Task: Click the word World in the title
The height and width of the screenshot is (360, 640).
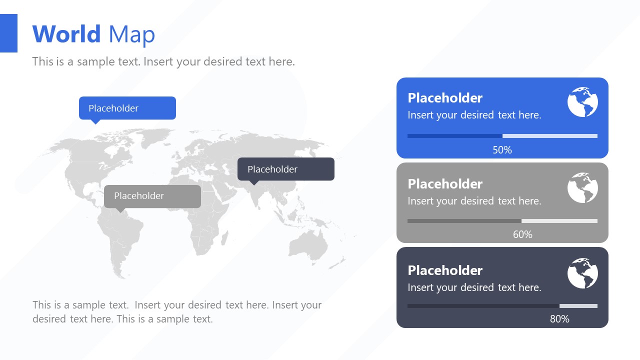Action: tap(66, 34)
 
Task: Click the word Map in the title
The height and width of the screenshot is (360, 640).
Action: tap(131, 34)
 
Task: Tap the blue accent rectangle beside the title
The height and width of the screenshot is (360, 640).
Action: tap(8, 33)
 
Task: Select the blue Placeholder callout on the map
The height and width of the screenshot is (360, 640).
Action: tap(127, 108)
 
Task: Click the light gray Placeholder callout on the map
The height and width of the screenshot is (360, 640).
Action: tap(152, 196)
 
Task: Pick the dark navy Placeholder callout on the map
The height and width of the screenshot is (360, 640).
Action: tap(285, 169)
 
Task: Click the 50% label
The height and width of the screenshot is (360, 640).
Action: tap(502, 150)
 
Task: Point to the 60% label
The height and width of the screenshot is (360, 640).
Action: tap(522, 234)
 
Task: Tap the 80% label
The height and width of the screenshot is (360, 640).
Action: tap(559, 319)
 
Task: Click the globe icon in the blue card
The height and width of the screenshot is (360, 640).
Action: tap(582, 102)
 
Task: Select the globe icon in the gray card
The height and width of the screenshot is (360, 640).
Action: tap(582, 188)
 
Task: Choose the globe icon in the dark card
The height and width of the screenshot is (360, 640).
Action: tap(582, 273)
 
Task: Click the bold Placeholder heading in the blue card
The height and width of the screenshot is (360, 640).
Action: tap(445, 98)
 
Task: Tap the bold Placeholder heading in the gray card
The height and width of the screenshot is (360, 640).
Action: tap(445, 184)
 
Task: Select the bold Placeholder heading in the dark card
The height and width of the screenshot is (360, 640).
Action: tap(445, 270)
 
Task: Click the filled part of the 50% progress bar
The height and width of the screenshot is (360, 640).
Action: tap(454, 136)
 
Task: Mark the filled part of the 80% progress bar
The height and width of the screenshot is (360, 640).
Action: tap(483, 306)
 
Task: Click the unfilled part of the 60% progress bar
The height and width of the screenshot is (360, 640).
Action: tap(559, 221)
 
